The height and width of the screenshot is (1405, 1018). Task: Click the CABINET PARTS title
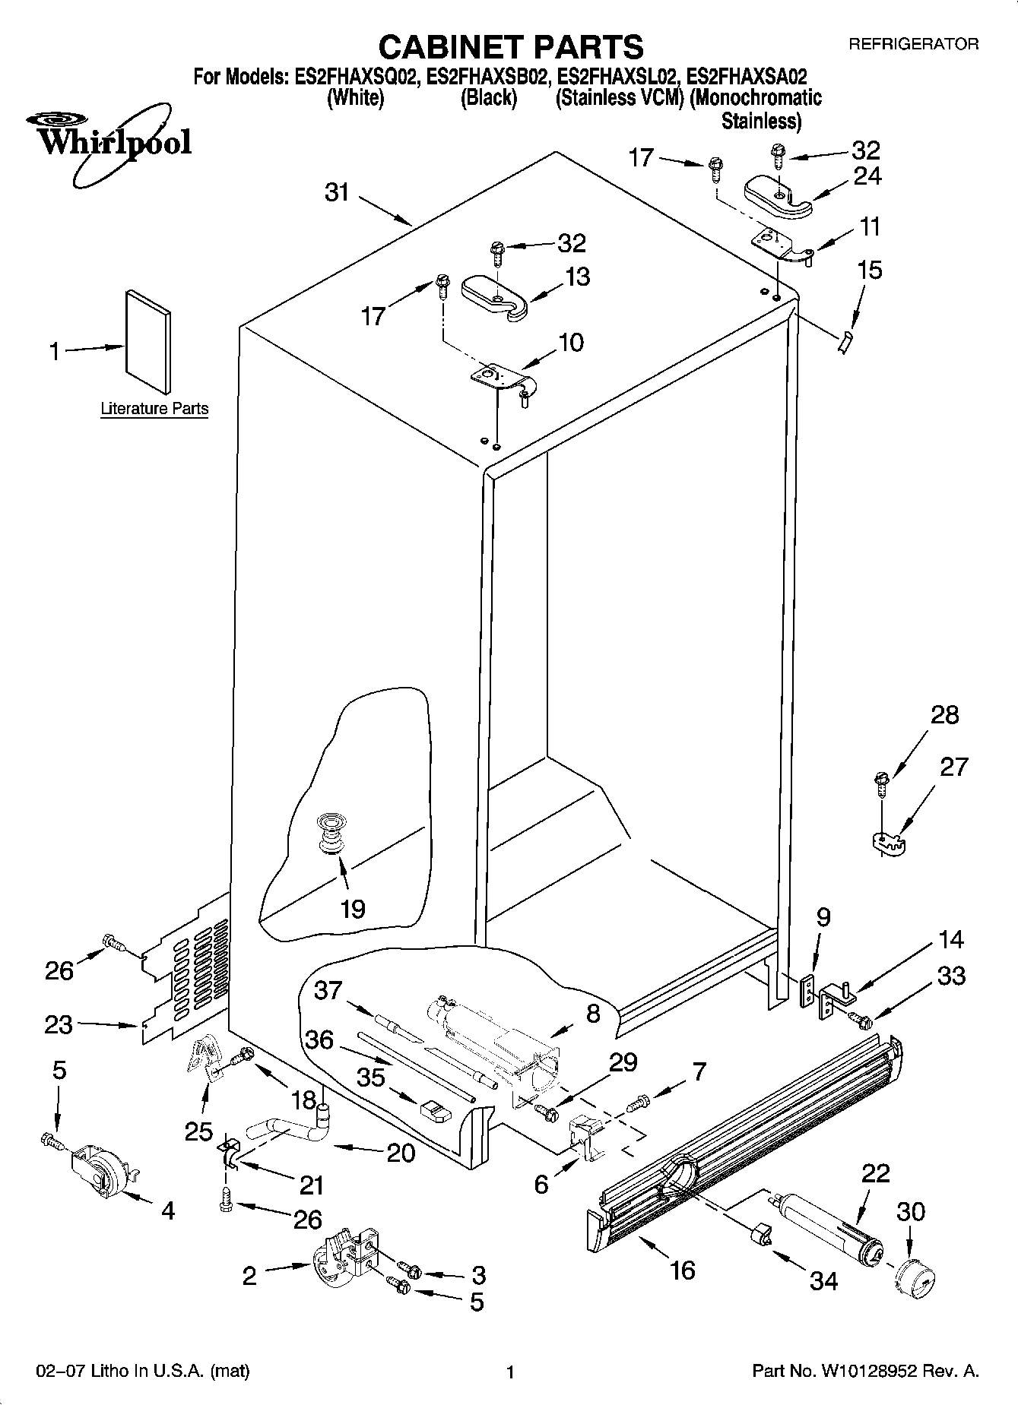click(x=510, y=47)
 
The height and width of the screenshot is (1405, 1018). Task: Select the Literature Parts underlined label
click(x=154, y=409)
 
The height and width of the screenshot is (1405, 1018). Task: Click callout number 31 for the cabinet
click(x=337, y=193)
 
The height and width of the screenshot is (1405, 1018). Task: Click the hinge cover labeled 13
click(x=496, y=296)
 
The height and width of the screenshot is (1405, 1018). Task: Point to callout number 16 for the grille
click(x=682, y=1269)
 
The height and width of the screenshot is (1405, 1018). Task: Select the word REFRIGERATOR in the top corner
click(x=913, y=44)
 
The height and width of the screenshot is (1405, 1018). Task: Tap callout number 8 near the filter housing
click(x=593, y=1013)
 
